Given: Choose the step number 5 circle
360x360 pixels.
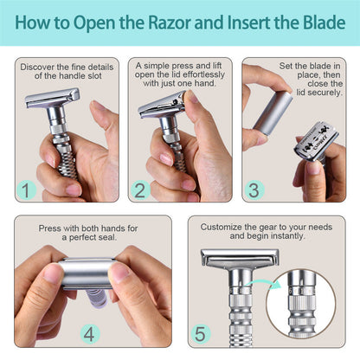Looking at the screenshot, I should click(202, 332).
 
